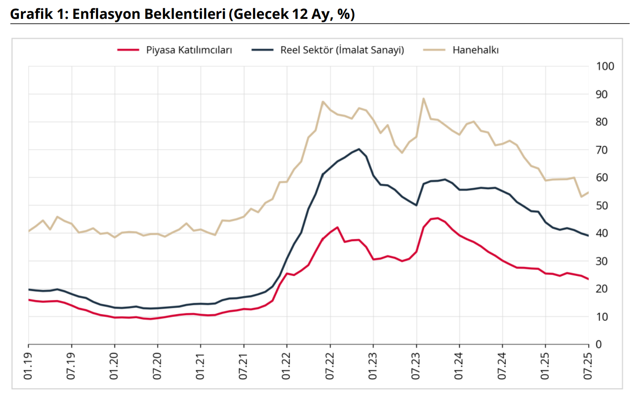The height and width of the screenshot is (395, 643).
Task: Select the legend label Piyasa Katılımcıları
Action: pyautogui.click(x=189, y=50)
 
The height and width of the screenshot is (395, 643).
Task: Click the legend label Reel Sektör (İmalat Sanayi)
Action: pyautogui.click(x=342, y=50)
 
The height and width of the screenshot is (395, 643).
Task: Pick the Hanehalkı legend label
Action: pyautogui.click(x=475, y=50)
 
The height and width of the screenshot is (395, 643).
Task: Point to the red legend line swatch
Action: pyautogui.click(x=128, y=50)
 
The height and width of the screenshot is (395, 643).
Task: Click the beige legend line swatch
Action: pyautogui.click(x=434, y=50)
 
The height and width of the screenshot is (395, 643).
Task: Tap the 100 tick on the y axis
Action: pyautogui.click(x=605, y=66)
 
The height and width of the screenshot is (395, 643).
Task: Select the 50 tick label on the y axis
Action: pyautogui.click(x=602, y=205)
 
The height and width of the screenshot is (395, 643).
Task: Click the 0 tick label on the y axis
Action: pyautogui.click(x=599, y=344)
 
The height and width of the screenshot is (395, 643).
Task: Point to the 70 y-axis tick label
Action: pyautogui.click(x=602, y=150)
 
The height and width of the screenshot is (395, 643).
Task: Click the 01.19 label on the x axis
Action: pyautogui.click(x=29, y=366)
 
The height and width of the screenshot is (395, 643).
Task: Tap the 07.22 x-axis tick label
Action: pyautogui.click(x=330, y=366)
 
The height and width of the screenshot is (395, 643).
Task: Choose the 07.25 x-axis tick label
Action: pyautogui.click(x=589, y=366)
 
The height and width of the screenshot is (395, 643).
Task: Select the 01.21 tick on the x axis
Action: pyautogui.click(x=201, y=366)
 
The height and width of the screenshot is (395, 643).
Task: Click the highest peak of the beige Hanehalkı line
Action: pyautogui.click(x=423, y=99)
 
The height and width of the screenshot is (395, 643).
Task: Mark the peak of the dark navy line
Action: pyautogui.click(x=359, y=149)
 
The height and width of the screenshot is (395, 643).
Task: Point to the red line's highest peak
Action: pyautogui.click(x=438, y=218)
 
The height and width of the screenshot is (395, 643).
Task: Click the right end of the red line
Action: pyautogui.click(x=589, y=279)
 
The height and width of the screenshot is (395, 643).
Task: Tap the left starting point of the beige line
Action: pyautogui.click(x=29, y=231)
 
